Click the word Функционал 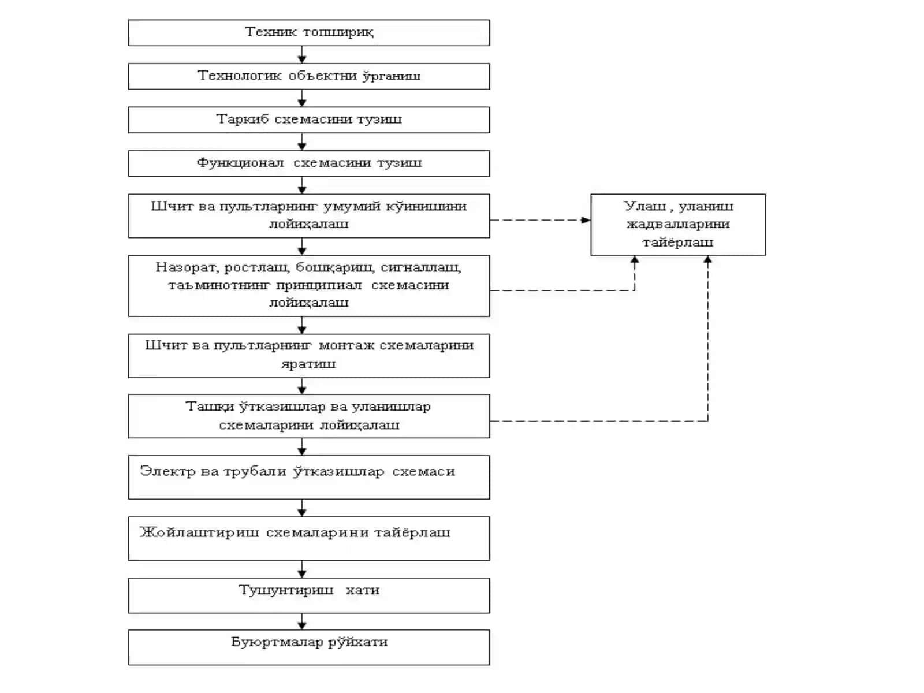click(240, 163)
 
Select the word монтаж click(346, 345)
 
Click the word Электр click(167, 471)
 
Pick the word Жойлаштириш click(199, 532)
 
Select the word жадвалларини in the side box click(678, 224)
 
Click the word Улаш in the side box click(644, 206)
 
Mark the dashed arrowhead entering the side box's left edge click(586, 220)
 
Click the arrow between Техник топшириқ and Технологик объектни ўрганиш click(302, 55)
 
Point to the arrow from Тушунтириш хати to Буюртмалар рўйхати click(302, 621)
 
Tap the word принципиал click(319, 285)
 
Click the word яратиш click(308, 364)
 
